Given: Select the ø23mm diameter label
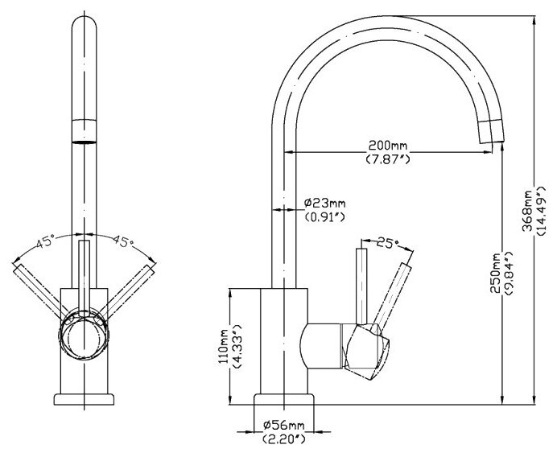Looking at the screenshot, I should click(325, 202).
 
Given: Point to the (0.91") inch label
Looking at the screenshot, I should click(325, 216).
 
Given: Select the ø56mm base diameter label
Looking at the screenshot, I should click(283, 424).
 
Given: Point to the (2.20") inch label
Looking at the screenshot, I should click(283, 439).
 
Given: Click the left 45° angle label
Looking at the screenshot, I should click(43, 240).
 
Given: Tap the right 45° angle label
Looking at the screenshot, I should click(122, 240).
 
